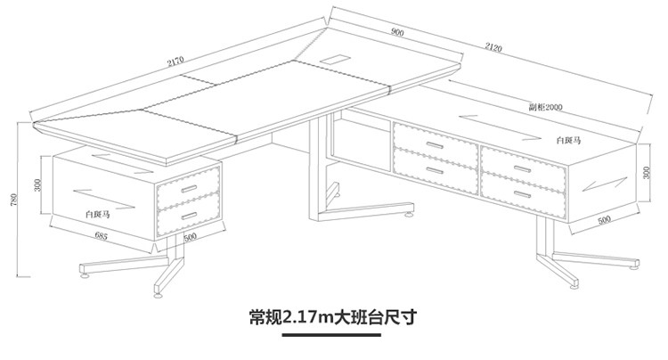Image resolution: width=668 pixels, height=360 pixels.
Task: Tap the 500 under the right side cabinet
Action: pyautogui.click(x=603, y=218)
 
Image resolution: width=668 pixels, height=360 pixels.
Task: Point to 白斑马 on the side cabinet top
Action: pyautogui.click(x=569, y=140)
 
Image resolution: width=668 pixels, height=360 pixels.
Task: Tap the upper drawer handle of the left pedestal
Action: pyautogui.click(x=190, y=189)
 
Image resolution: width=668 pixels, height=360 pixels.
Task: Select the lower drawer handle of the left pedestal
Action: pyautogui.click(x=189, y=214)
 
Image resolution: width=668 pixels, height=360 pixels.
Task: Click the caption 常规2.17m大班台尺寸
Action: pyautogui.click(x=335, y=317)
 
